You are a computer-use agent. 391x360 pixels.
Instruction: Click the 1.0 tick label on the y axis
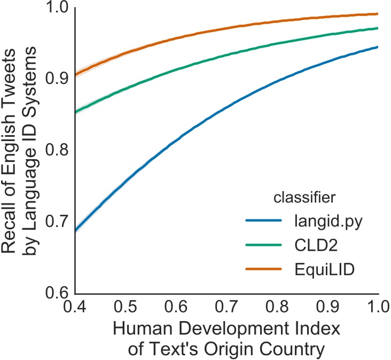[x=57, y=9]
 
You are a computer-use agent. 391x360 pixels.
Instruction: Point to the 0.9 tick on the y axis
[x=57, y=80]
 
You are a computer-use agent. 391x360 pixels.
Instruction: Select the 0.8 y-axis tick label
[x=57, y=151]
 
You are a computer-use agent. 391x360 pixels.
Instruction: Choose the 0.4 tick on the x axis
[x=75, y=307]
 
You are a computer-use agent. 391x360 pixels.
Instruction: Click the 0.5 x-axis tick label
[x=126, y=307]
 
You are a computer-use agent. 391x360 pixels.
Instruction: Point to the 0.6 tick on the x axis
[x=176, y=307]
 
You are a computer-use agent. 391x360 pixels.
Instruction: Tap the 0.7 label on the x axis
[x=226, y=307]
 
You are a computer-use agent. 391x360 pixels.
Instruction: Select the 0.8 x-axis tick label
[x=277, y=307]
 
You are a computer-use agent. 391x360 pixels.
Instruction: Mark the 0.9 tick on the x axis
[x=327, y=307]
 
